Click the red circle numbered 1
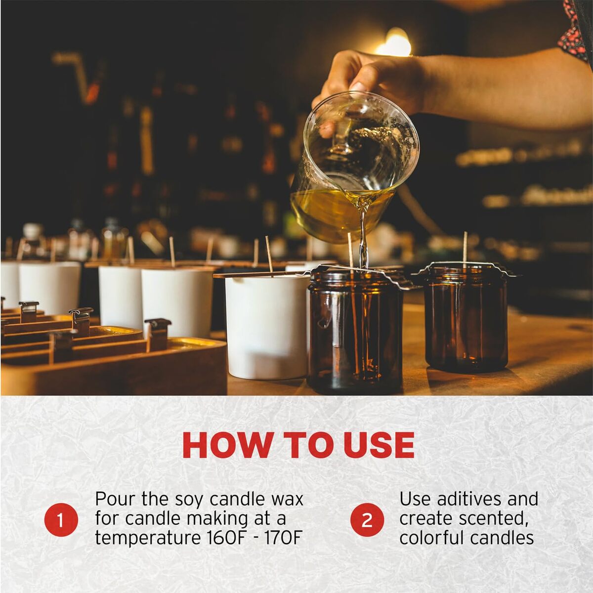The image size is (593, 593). coord(61,520)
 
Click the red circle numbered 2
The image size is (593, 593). coord(367,520)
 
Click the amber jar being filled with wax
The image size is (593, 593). coord(355,329)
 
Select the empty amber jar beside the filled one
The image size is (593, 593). coord(466,319)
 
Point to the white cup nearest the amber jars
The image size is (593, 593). coord(267,326)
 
